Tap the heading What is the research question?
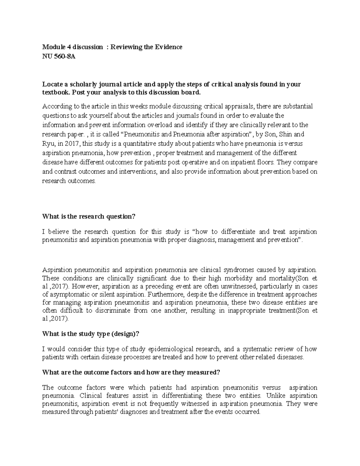(x=89, y=216)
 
